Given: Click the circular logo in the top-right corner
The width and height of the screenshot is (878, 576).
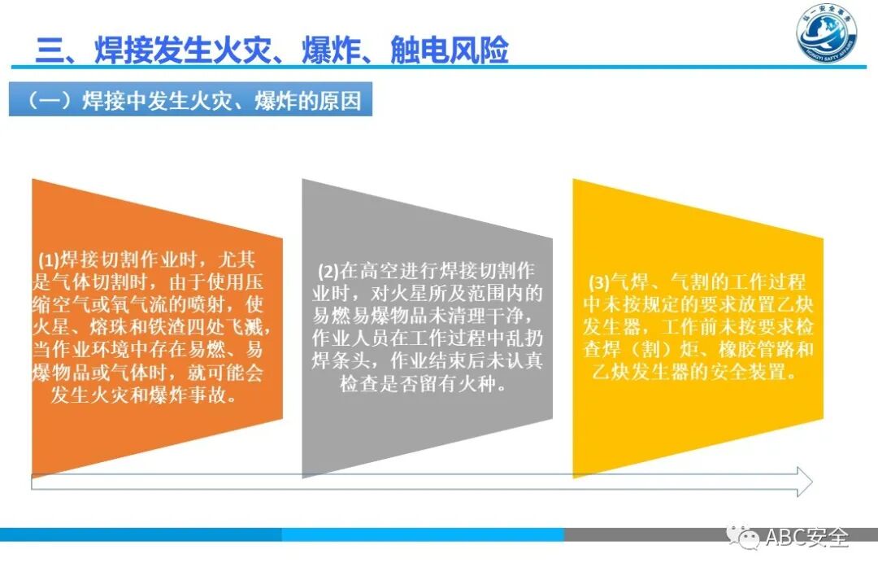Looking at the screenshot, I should (827, 37).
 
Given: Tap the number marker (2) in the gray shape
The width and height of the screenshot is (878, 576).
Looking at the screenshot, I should (328, 271).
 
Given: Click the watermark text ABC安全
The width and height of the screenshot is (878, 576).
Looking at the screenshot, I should (806, 538).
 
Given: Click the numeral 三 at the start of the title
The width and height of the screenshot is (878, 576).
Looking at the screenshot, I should (49, 50).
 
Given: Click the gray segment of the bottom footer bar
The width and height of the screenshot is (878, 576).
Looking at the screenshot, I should (720, 535).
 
